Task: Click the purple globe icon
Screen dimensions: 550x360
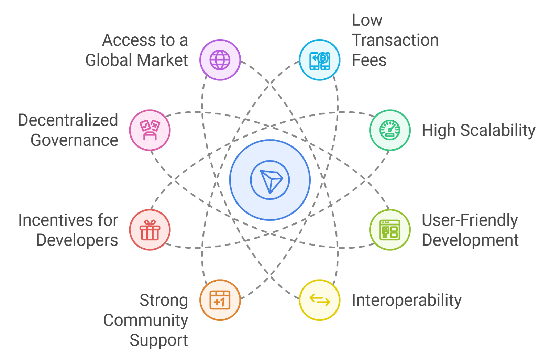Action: click(220, 60)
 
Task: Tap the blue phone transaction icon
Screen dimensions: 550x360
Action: click(320, 60)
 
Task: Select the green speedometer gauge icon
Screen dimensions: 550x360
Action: click(390, 130)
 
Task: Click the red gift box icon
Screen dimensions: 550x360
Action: click(150, 230)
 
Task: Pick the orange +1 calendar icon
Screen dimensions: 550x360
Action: click(220, 300)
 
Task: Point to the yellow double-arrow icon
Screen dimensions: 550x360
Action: click(320, 300)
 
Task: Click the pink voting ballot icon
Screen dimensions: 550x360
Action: click(150, 130)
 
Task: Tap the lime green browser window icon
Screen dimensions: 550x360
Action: click(390, 230)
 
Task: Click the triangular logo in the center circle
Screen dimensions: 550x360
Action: click(270, 180)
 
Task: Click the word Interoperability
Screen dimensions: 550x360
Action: click(407, 300)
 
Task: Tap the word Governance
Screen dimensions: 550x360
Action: click(74, 140)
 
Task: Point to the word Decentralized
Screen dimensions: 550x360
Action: click(68, 120)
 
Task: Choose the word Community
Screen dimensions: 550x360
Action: click(146, 320)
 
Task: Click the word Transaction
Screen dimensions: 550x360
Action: click(395, 40)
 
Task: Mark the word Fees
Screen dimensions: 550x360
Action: click(369, 60)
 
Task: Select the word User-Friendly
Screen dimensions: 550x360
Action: click(470, 220)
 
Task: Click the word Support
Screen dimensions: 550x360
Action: click(159, 340)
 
